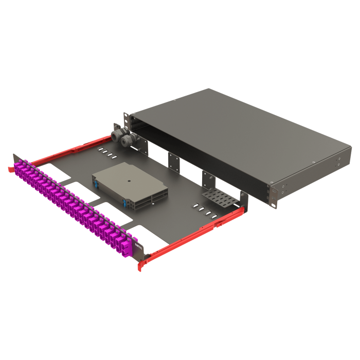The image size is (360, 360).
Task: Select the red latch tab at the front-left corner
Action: coord(10,169)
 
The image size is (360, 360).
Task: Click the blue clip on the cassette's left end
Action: coord(95,181)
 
